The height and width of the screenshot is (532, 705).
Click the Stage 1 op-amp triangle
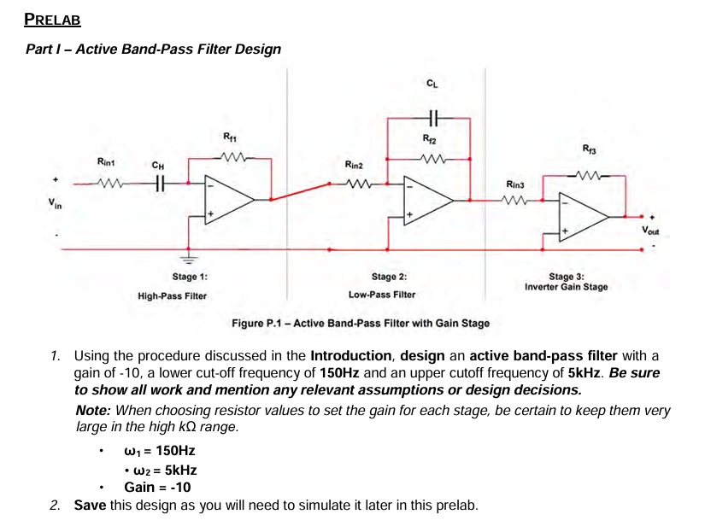click(x=226, y=199)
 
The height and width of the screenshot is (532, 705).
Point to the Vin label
click(x=55, y=205)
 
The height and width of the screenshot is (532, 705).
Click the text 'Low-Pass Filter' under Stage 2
click(x=382, y=295)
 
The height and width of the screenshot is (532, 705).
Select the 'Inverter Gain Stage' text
click(x=567, y=287)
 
